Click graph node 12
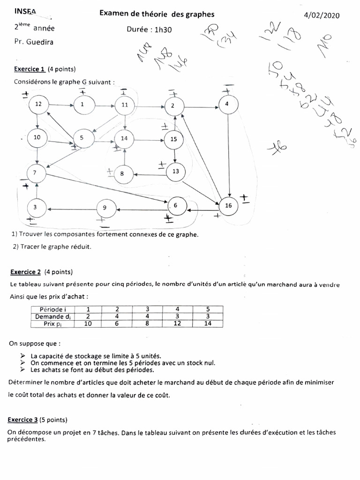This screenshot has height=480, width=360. (39, 104)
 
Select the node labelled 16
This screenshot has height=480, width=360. (228, 205)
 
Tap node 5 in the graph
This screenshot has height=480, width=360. (82, 138)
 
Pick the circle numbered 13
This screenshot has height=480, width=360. (176, 172)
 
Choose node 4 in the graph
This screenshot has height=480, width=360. (227, 104)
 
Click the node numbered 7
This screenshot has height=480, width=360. (35, 173)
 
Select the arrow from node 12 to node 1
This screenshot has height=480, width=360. (60, 104)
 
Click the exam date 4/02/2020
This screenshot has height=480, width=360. (322, 15)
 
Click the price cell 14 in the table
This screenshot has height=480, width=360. (209, 323)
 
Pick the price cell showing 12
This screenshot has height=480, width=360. (178, 323)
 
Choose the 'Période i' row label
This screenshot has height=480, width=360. (52, 309)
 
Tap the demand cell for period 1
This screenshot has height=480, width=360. (88, 316)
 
